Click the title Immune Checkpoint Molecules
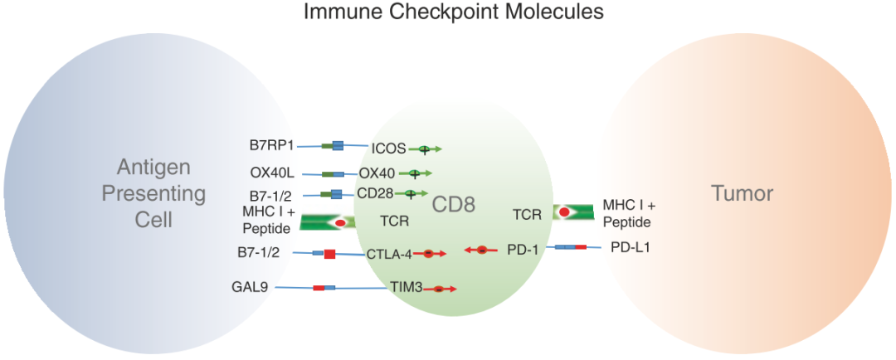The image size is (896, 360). click(452, 12)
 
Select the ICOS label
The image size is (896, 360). click(388, 149)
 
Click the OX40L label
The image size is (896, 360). click(273, 174)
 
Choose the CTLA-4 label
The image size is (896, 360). click(389, 254)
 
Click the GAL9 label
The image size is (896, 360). click(250, 288)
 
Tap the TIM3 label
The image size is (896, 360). click(407, 288)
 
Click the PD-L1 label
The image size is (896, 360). click(630, 247)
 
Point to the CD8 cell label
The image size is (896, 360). click(453, 204)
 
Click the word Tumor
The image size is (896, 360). click(742, 194)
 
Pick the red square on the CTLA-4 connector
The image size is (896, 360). click(329, 254)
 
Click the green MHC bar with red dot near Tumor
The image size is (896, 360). click(573, 212)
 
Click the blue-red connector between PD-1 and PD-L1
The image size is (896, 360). click(570, 247)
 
